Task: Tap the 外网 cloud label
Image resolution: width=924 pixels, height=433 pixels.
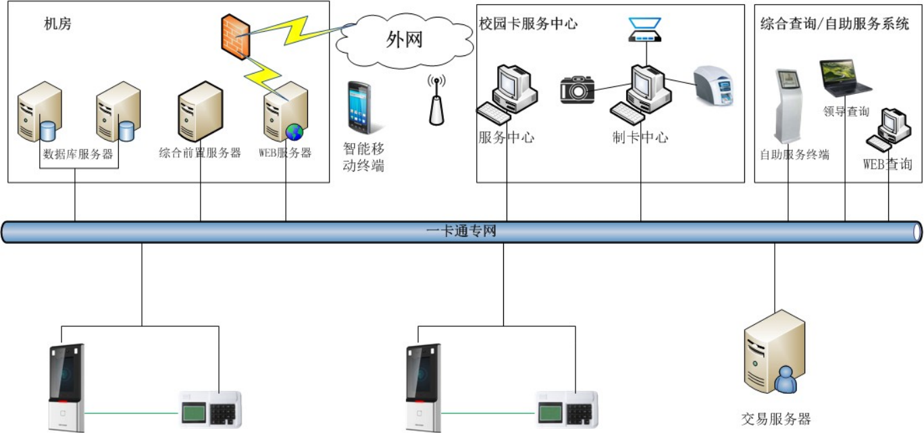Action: tap(404, 40)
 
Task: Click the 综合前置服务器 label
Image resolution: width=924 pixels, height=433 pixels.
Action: tap(200, 153)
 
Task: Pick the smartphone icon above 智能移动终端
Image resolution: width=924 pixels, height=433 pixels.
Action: tap(360, 107)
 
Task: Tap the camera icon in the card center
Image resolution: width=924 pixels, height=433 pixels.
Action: tap(577, 89)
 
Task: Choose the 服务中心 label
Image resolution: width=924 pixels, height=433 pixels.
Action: tap(506, 138)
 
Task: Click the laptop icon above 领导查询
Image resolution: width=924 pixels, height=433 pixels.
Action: tap(844, 77)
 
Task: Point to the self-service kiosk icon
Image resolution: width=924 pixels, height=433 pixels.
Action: tap(787, 105)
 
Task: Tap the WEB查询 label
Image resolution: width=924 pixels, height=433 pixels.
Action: tap(888, 164)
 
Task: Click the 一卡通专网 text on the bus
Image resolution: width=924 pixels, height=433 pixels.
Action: tap(462, 232)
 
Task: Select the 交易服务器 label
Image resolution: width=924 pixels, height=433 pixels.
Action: tap(775, 419)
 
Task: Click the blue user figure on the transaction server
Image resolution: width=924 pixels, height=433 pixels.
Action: tap(786, 381)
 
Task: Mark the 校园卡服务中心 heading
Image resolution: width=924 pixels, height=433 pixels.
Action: tap(528, 24)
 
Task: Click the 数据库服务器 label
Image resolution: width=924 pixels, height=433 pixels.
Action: tap(78, 154)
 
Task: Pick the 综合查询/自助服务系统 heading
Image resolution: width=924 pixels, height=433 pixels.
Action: tap(835, 24)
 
